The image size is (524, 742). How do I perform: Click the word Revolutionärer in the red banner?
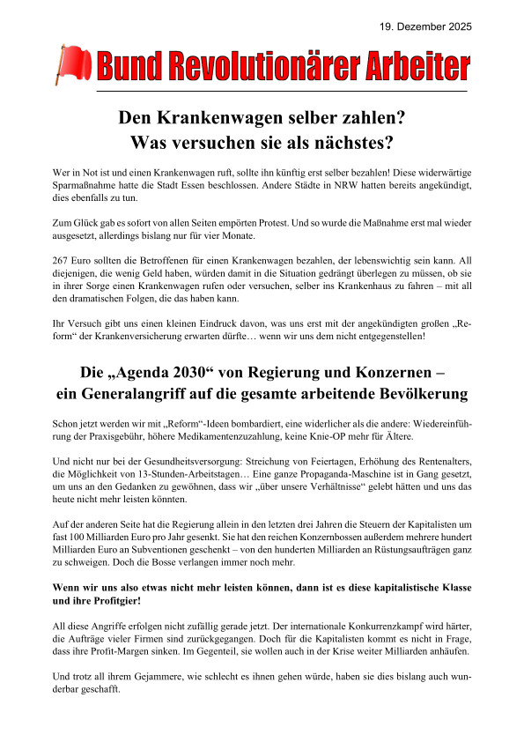tap(252, 65)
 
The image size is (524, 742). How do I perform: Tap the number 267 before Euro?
tap(63, 262)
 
